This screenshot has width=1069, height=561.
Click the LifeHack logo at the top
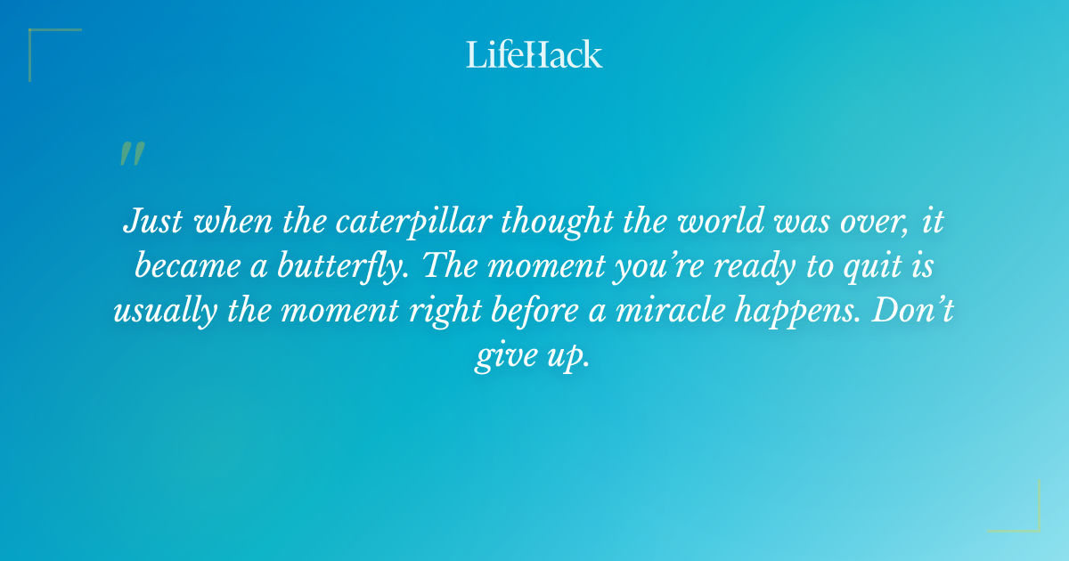534,54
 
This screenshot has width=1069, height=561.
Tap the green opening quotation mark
131,154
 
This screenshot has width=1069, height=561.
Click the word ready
758,266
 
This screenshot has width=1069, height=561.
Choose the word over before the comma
864,221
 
